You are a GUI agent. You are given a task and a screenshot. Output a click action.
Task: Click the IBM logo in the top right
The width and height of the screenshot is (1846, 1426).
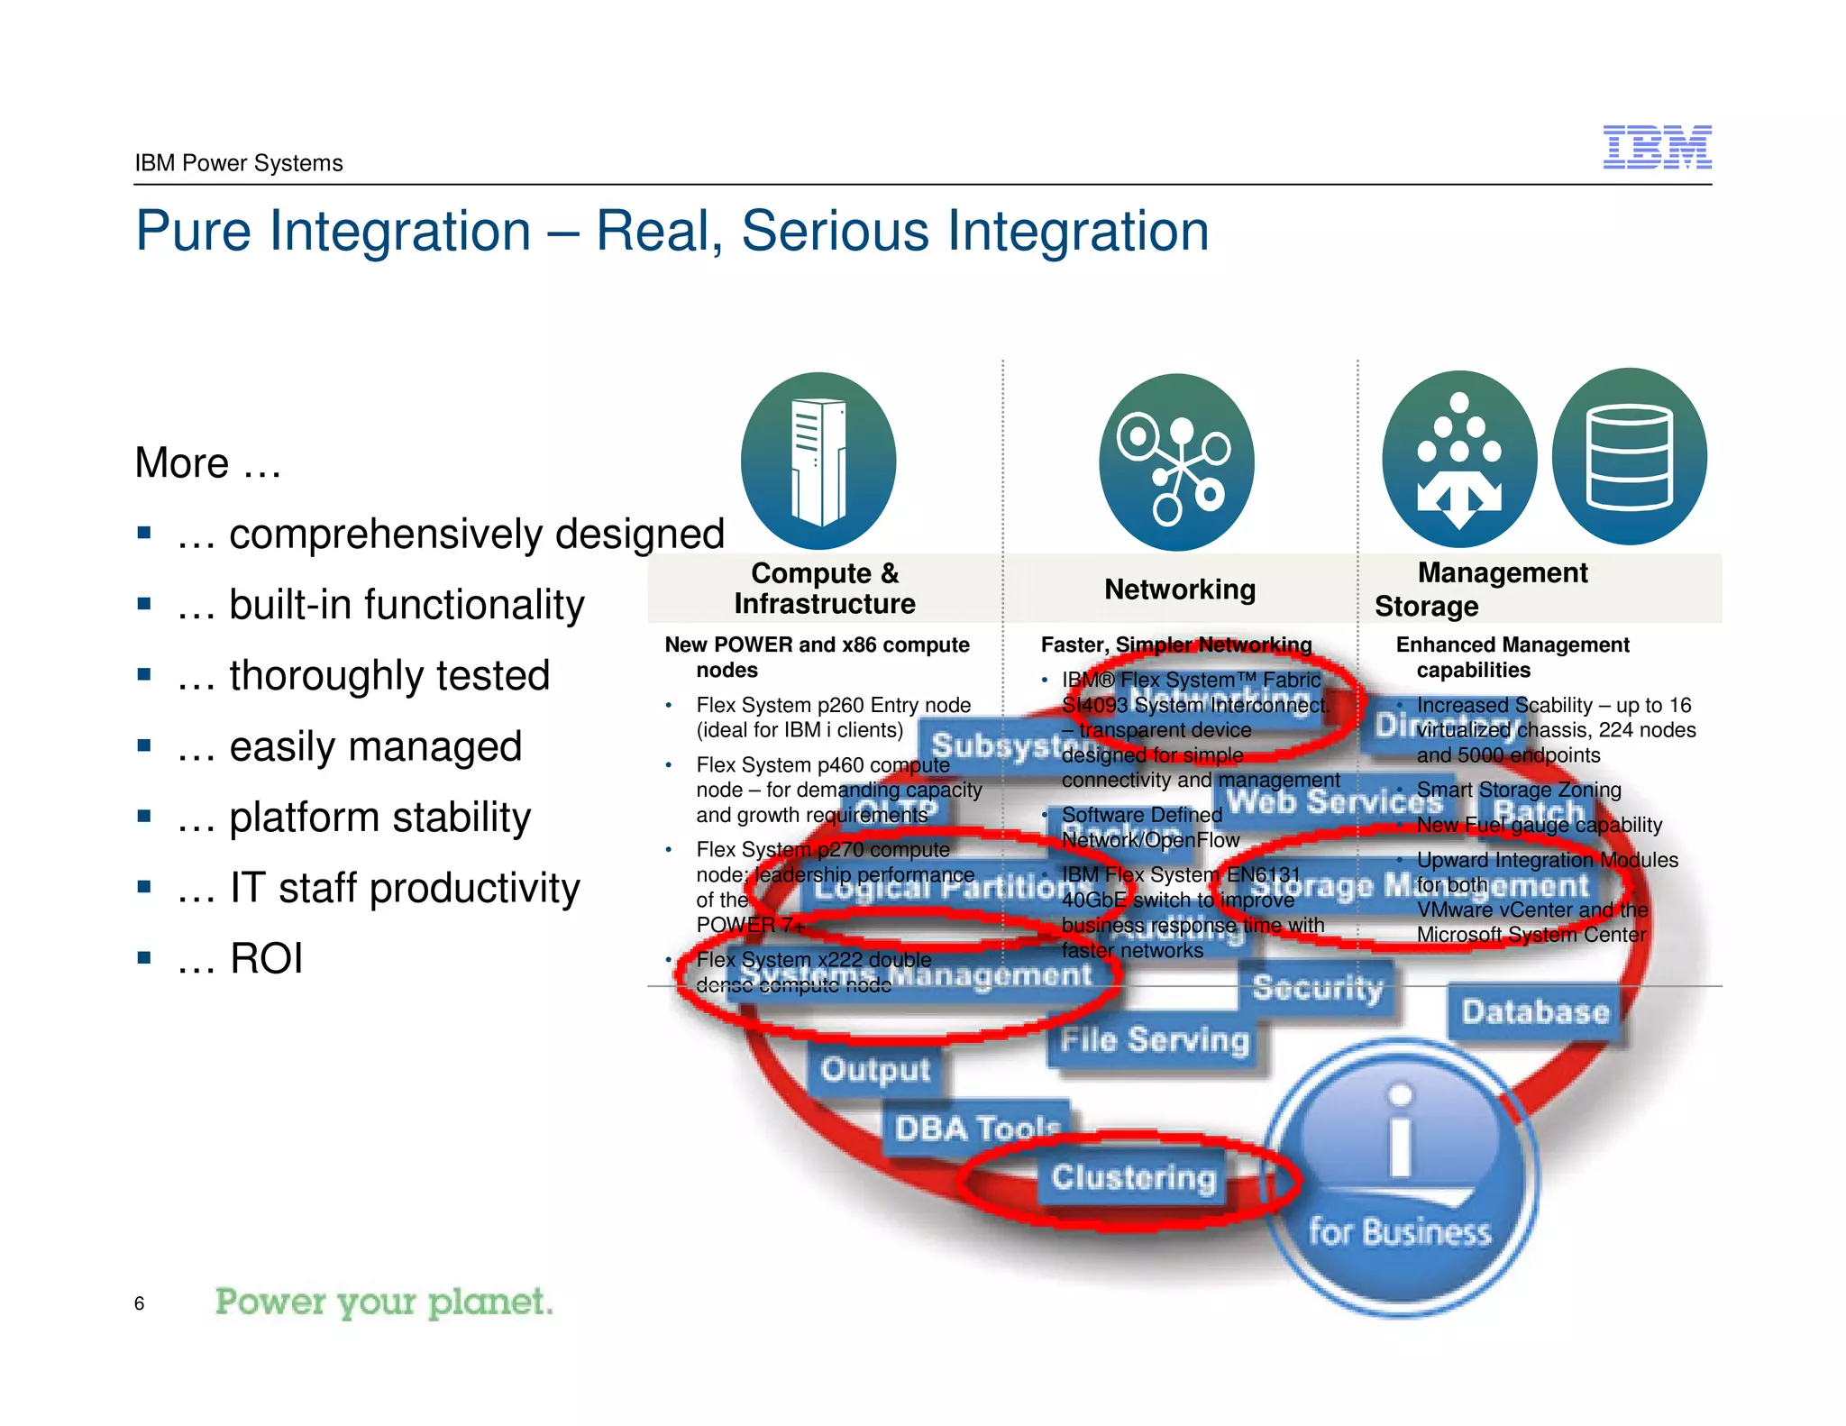point(1657,147)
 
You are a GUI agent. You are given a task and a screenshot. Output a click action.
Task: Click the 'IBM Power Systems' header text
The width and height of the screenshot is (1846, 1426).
point(239,163)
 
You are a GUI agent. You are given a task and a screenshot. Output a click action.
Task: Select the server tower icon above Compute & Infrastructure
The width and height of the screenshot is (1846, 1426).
point(818,461)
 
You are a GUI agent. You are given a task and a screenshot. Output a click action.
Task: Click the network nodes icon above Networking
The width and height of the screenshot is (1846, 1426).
point(1176,462)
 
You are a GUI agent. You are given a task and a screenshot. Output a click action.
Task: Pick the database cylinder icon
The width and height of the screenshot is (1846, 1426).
point(1629,456)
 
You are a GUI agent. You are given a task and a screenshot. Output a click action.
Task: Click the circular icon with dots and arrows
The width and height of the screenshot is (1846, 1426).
point(1459,459)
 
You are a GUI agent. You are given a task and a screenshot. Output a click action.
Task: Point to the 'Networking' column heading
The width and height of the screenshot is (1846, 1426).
point(1179,590)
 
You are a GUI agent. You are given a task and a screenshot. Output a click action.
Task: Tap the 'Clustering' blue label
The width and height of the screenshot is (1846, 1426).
point(1133,1177)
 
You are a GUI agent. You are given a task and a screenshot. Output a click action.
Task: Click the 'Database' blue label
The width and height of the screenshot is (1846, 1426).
point(1535,1012)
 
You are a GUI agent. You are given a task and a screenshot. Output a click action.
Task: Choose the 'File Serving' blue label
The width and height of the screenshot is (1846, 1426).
point(1155,1040)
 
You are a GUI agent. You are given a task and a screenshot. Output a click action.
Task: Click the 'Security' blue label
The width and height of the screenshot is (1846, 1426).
point(1317,988)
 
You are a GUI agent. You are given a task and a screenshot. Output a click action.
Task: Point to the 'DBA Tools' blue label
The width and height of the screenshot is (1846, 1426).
point(977,1128)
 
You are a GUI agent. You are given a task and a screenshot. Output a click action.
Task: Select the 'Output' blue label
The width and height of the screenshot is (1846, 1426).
point(874,1070)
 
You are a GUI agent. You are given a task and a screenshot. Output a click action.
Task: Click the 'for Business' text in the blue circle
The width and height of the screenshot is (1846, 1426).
point(1400,1231)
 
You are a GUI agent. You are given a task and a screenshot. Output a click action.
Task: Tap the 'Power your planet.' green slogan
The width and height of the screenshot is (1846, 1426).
point(384,1302)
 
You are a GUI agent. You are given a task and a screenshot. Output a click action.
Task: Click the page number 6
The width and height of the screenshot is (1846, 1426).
point(139,1303)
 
